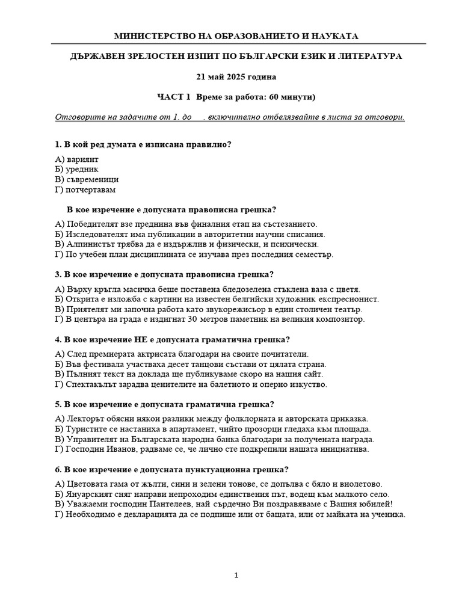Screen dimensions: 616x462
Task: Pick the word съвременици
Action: pyautogui.click(x=91, y=179)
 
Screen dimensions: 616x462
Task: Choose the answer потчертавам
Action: pyautogui.click(x=90, y=189)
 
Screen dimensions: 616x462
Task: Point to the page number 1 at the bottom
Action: pyautogui.click(x=236, y=576)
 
